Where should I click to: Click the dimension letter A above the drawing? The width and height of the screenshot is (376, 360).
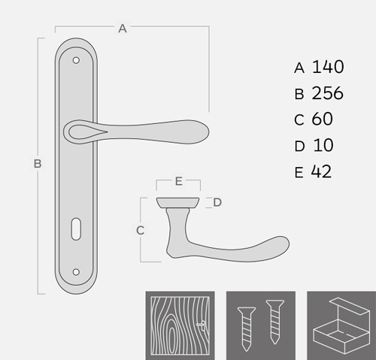pyautogui.click(x=123, y=29)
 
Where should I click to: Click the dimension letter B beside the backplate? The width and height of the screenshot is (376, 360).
pyautogui.click(x=38, y=164)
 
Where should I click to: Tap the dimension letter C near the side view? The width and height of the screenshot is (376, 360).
pyautogui.click(x=140, y=231)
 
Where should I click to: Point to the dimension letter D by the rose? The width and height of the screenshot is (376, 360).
pyautogui.click(x=217, y=202)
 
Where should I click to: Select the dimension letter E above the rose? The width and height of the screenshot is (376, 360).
pyautogui.click(x=178, y=181)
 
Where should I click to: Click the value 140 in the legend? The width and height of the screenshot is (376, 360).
pyautogui.click(x=328, y=67)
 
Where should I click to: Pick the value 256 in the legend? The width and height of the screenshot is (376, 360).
pyautogui.click(x=327, y=93)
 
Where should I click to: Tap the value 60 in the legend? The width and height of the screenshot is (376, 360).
pyautogui.click(x=322, y=119)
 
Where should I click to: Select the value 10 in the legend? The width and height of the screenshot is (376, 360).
pyautogui.click(x=323, y=145)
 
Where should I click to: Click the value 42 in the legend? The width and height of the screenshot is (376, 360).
pyautogui.click(x=321, y=171)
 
